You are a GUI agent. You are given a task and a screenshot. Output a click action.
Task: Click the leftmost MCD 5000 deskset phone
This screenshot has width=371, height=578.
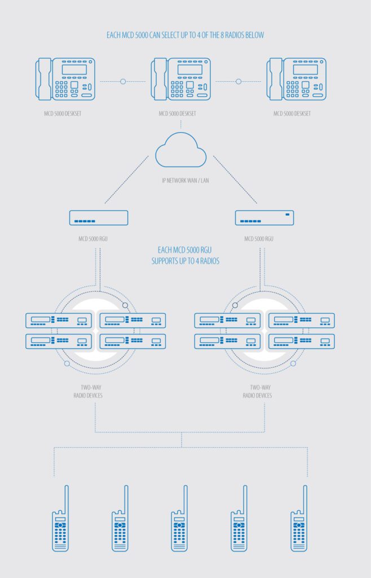coord(66,79)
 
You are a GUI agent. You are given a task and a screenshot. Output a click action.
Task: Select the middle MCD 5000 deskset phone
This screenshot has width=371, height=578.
coord(181,79)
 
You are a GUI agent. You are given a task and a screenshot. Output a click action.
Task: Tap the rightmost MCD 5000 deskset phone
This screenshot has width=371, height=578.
coord(296,79)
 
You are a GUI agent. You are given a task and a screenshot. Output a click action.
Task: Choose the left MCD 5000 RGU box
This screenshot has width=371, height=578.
coord(99,218)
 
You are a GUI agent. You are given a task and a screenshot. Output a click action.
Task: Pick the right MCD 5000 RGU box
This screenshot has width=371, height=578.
coord(264,218)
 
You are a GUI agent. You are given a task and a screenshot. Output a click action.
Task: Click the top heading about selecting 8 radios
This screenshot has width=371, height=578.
coord(185,35)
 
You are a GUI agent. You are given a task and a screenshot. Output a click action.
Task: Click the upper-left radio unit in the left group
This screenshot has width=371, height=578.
coord(59,321)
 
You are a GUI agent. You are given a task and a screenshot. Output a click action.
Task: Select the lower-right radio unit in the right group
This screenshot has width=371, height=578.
coord(301,341)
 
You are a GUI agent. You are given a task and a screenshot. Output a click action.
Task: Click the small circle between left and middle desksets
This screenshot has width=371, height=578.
coord(123,81)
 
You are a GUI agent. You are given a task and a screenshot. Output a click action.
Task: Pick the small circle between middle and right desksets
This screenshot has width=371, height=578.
coord(238,81)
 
